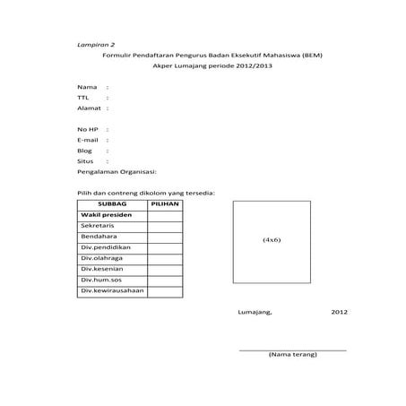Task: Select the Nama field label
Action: click(x=86, y=87)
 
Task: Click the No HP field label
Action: click(x=87, y=130)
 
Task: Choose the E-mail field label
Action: click(x=88, y=140)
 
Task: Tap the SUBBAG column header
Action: click(x=111, y=204)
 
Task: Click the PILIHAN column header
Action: click(x=165, y=204)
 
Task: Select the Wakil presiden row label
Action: click(x=107, y=215)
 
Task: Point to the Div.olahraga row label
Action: click(x=103, y=258)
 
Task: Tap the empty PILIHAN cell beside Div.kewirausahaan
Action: click(x=165, y=290)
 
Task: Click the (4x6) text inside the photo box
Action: click(x=272, y=241)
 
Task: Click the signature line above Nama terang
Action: click(x=292, y=350)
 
